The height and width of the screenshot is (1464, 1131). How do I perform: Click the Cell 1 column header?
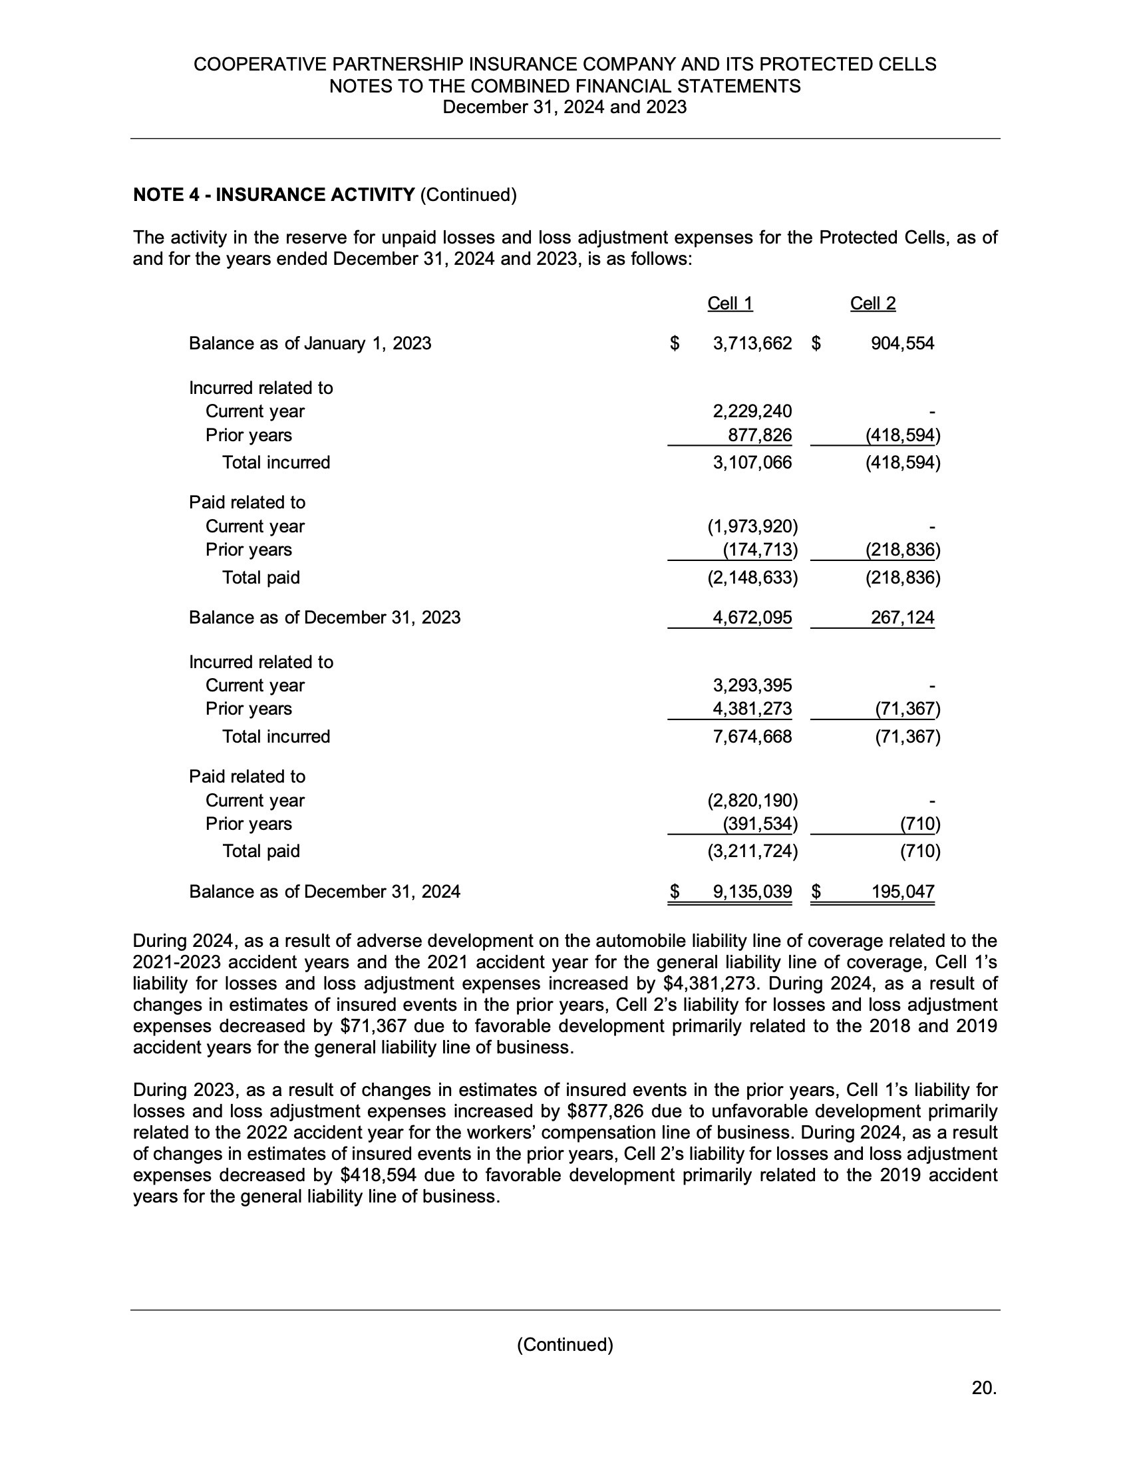point(730,303)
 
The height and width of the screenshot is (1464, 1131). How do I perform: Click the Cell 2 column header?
point(872,303)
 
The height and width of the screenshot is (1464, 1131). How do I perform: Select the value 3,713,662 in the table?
point(752,344)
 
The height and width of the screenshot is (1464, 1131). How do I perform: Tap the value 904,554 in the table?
point(902,344)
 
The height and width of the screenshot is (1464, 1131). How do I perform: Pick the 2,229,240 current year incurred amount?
point(752,411)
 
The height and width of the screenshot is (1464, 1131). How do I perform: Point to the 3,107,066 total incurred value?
point(752,462)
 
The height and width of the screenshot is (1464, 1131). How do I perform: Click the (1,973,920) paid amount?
point(752,527)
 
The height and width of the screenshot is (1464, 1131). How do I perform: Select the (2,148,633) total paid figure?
point(752,578)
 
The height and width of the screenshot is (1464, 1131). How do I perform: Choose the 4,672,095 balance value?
point(752,618)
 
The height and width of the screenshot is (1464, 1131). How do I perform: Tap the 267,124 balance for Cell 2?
point(902,618)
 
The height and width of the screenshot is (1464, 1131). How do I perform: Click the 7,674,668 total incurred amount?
point(752,737)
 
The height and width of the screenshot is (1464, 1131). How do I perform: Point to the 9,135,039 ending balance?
point(752,892)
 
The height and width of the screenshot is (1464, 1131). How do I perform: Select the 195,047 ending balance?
point(902,892)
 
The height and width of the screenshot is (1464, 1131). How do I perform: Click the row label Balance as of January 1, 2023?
point(309,344)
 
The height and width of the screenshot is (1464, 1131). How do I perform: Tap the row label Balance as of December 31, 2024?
point(324,892)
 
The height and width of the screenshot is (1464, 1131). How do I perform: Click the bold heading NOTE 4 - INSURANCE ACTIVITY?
point(274,195)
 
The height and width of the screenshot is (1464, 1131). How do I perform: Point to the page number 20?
point(983,1388)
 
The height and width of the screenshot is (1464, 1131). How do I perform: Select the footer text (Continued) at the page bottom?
point(565,1345)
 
